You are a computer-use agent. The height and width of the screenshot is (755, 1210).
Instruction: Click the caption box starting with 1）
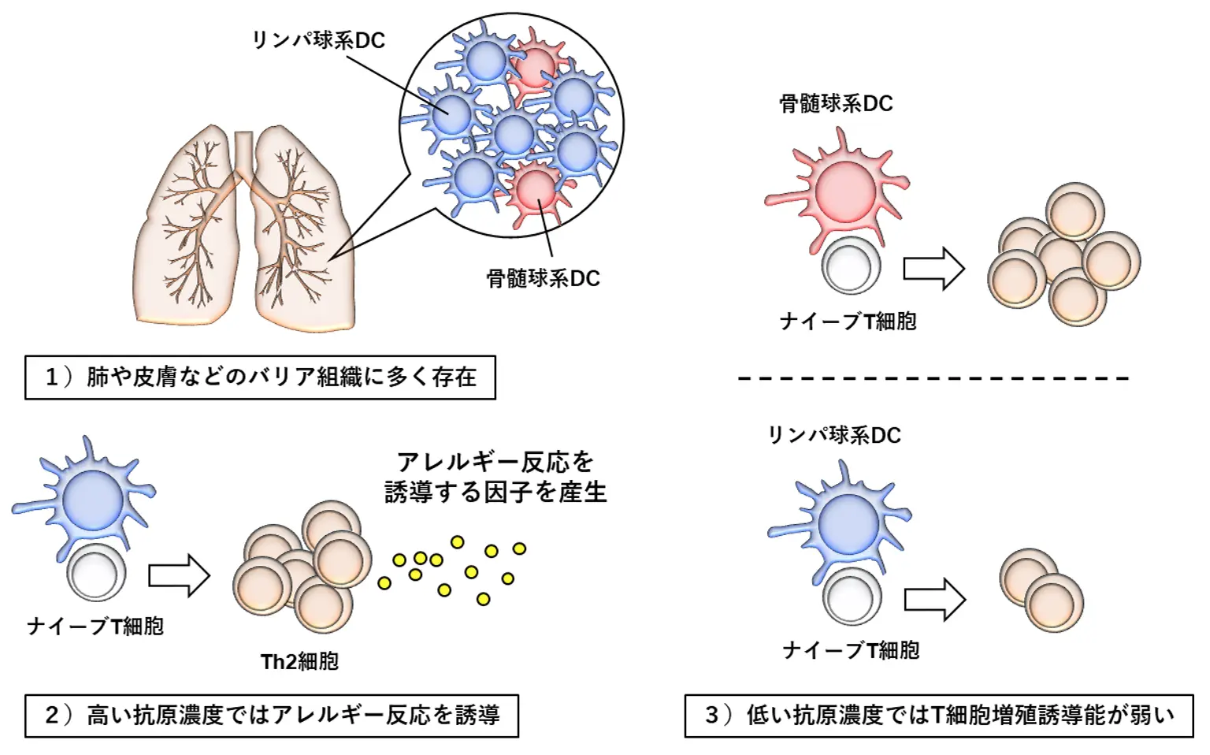pos(260,377)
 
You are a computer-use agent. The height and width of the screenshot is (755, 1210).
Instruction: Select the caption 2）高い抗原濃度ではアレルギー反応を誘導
pos(272,716)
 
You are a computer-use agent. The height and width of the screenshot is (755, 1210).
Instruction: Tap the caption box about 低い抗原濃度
pos(939,716)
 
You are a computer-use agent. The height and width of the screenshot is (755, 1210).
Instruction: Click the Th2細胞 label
pos(299,661)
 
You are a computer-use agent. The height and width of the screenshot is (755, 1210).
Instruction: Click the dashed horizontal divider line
pos(933,378)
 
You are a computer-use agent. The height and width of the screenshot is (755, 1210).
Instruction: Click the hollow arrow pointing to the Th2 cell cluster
pos(179,575)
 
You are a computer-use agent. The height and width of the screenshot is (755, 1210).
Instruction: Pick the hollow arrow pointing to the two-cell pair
pos(934,600)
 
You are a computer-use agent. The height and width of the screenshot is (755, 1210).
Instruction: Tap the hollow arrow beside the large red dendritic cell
pos(933,269)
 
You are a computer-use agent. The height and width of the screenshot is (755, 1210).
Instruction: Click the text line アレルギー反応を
pos(495,461)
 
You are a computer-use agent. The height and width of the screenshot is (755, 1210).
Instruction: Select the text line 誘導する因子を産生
pos(496,493)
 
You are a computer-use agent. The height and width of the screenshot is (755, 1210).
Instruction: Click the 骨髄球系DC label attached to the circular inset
pos(543,279)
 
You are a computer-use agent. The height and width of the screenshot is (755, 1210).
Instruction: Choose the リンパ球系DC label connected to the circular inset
pos(318,40)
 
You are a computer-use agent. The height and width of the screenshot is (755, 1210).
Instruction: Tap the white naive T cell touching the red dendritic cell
pos(850,266)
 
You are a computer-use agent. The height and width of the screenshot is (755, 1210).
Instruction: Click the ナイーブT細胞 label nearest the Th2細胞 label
pos(95,627)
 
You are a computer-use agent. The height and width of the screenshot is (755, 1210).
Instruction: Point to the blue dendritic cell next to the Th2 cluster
pos(92,500)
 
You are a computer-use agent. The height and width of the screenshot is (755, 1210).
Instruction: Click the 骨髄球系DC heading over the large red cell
pos(836,103)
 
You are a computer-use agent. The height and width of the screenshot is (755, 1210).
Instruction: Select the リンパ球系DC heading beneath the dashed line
pos(834,435)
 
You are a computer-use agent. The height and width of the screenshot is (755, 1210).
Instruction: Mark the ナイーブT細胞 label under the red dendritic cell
pos(848,322)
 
